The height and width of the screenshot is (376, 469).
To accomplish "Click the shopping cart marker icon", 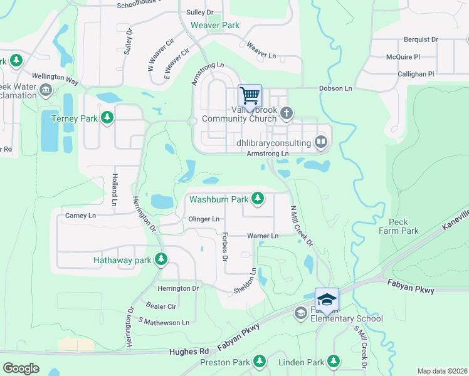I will (x=250, y=96).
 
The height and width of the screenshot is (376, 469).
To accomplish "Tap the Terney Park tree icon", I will (x=108, y=118).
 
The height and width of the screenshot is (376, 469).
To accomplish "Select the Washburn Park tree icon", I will (x=257, y=199).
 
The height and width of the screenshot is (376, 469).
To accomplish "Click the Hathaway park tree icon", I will (x=162, y=259).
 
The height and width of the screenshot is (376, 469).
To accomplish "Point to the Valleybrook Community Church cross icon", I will (x=287, y=113).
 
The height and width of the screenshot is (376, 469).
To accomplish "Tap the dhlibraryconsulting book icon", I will (x=321, y=142).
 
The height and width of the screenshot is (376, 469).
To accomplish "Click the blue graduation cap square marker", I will (x=327, y=299).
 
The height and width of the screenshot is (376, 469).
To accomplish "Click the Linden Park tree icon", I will (x=334, y=362).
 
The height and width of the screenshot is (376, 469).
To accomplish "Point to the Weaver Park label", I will (x=215, y=26).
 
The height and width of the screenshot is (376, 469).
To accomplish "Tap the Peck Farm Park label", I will (x=398, y=226).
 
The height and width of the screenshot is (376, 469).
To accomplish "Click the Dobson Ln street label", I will (x=335, y=89).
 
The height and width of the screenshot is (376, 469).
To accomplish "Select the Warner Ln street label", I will (x=263, y=236).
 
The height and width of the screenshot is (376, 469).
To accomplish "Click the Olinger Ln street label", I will (x=204, y=219).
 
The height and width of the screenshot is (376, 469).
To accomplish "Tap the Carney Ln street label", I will (x=80, y=216).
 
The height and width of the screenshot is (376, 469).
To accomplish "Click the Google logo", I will (x=21, y=368).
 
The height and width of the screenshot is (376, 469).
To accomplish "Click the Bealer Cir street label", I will (x=161, y=306).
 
